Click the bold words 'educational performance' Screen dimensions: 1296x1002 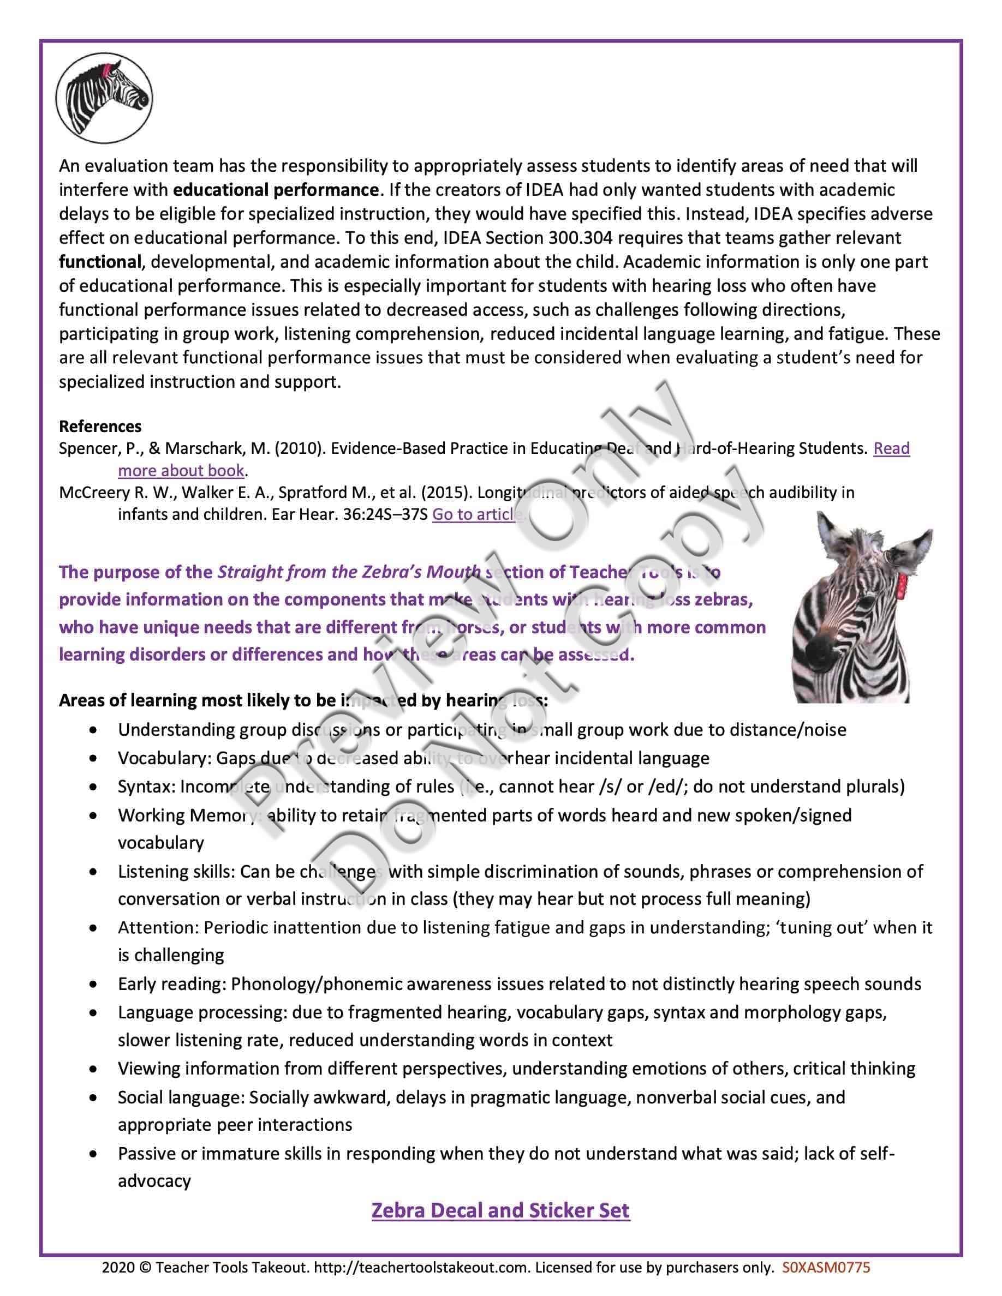coord(276,190)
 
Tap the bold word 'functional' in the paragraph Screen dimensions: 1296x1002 coord(100,262)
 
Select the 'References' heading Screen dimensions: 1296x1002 coord(100,426)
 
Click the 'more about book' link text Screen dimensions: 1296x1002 coord(181,471)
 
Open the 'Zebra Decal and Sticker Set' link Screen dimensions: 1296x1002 coord(500,1210)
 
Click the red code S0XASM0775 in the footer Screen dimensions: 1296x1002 coord(826,1268)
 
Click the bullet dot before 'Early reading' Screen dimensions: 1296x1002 coord(93,985)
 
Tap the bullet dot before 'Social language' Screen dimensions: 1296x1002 coord(93,1098)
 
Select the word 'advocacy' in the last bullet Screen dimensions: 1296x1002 coord(154,1181)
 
